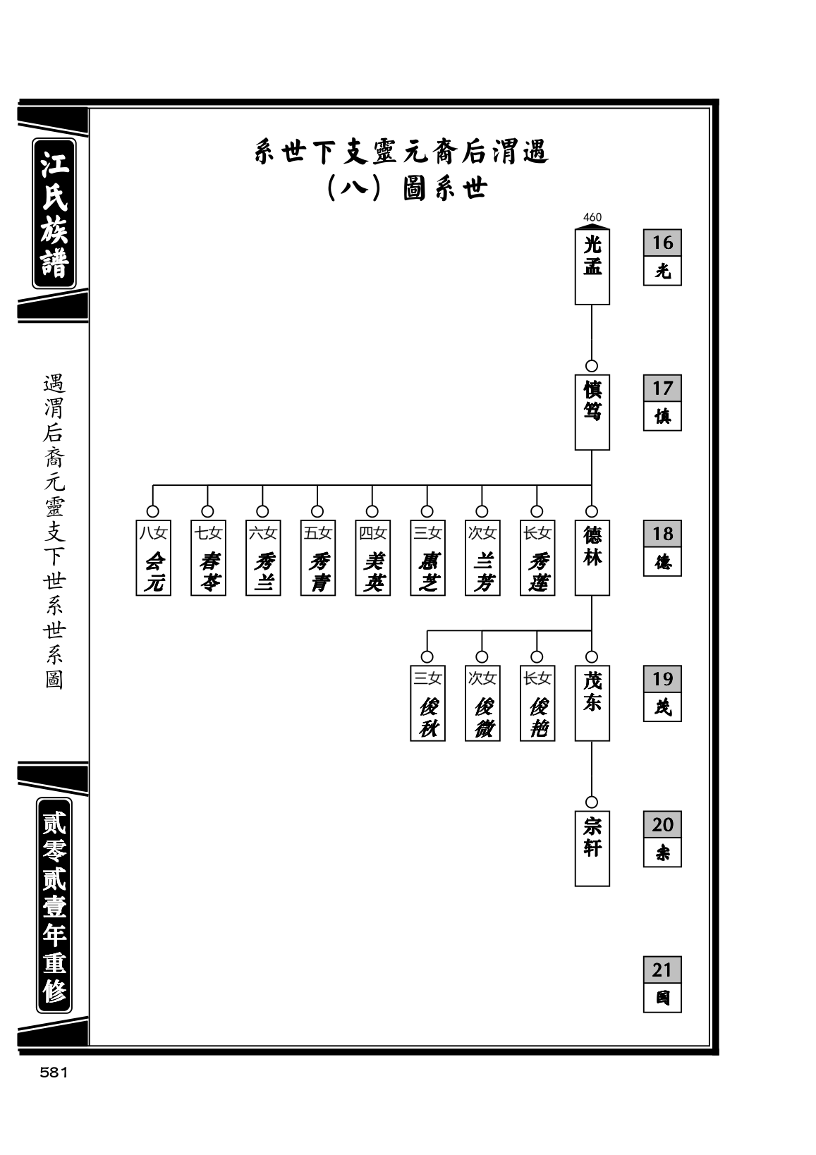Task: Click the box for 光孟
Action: (592, 267)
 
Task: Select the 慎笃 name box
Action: (592, 412)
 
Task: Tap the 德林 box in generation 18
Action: (592, 557)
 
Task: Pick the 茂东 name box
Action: (592, 703)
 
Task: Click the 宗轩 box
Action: (592, 848)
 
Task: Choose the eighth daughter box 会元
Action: (153, 557)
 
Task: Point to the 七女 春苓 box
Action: (208, 557)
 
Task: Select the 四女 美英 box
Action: (372, 557)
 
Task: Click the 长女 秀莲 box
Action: (537, 557)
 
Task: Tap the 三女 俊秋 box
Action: (427, 703)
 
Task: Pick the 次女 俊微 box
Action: (482, 703)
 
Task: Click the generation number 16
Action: (662, 243)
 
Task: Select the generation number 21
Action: (662, 970)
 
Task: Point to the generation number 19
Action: (662, 678)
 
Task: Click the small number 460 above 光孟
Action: (592, 217)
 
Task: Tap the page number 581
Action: (54, 1072)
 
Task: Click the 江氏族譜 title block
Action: (54, 213)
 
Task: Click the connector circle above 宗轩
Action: (592, 802)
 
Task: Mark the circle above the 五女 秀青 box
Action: (317, 511)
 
